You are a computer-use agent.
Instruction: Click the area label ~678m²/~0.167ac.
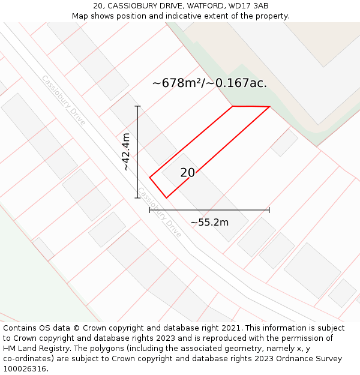209,83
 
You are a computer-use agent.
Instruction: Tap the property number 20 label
187,173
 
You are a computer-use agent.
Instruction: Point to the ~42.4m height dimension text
126,152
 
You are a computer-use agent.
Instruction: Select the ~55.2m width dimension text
209,223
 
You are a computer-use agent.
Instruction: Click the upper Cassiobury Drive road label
63,100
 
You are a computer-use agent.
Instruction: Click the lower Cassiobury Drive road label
160,212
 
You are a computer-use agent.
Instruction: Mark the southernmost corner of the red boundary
166,197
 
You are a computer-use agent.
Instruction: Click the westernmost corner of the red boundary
149,177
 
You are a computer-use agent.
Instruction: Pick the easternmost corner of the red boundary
269,107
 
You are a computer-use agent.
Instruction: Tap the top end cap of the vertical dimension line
138,106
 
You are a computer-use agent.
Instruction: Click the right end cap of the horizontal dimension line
269,210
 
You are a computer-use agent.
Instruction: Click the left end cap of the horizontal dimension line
149,210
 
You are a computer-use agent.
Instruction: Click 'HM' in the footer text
10,349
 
